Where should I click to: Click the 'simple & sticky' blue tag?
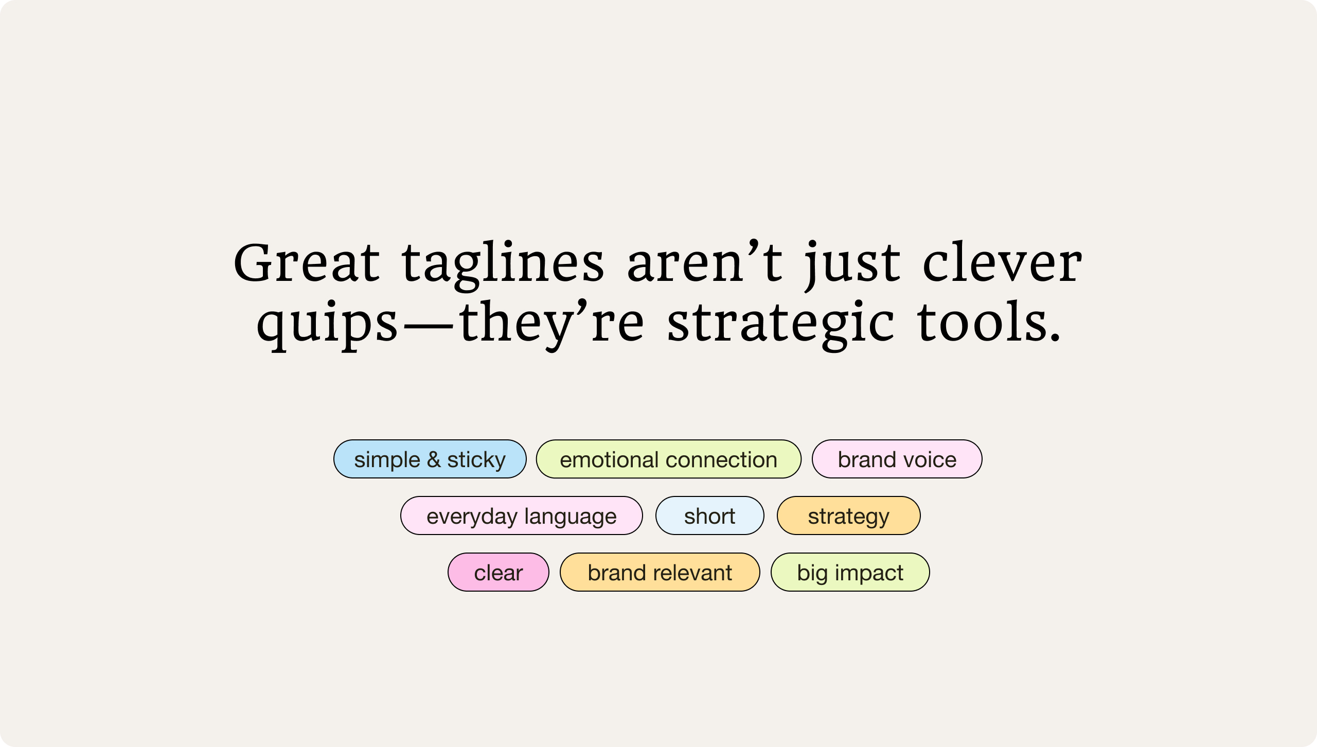point(430,459)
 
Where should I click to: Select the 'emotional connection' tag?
point(668,459)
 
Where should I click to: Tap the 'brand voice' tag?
point(897,459)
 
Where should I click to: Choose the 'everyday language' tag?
point(521,515)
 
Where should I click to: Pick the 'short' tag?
point(709,515)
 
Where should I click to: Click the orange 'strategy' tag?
point(848,515)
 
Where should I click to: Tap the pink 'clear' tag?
point(498,572)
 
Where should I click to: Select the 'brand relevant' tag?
point(660,572)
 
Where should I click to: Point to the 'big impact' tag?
point(850,572)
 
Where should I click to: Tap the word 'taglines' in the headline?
point(503,263)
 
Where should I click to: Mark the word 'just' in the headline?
point(852,263)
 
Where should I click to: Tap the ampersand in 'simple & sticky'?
point(434,459)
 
